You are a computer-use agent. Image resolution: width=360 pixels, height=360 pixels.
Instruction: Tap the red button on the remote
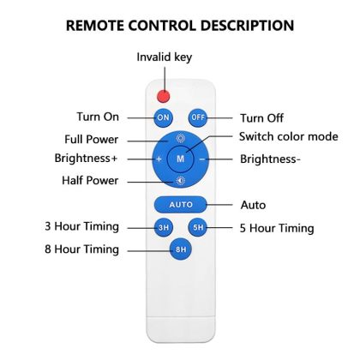point(164,96)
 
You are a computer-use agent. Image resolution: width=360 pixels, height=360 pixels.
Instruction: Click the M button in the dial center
point(180,159)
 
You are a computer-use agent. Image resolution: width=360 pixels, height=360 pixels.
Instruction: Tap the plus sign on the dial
point(159,159)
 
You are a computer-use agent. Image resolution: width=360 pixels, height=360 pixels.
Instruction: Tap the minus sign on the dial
point(202,159)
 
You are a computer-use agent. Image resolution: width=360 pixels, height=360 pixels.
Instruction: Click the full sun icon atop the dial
point(180,138)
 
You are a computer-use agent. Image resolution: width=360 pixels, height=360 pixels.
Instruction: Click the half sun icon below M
point(180,181)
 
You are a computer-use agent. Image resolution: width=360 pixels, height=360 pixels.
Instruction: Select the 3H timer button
point(164,227)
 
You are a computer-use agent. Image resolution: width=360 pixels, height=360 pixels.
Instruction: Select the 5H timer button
point(198,227)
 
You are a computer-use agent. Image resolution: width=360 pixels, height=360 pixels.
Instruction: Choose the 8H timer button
point(181,249)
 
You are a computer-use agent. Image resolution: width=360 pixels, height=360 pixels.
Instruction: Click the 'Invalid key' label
point(165,57)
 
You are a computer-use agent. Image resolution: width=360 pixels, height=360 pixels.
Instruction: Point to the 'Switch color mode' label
point(289,136)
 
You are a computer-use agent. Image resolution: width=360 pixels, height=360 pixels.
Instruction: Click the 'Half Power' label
point(90,181)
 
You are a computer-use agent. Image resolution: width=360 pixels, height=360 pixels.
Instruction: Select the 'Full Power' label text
point(91,140)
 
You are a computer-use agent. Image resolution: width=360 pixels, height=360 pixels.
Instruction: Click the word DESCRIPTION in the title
point(247,26)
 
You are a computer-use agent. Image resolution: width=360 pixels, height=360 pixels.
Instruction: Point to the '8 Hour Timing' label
point(81,249)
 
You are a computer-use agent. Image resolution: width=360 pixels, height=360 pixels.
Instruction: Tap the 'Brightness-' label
point(270,159)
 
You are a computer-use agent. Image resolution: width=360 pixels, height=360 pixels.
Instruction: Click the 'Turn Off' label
point(261,118)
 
